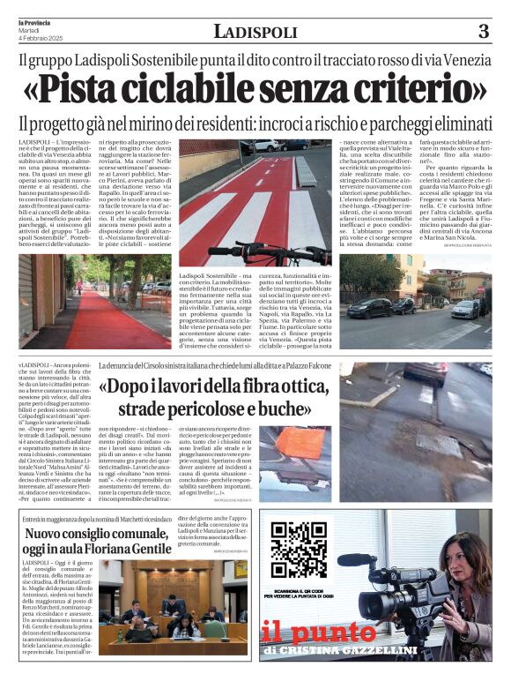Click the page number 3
[x=483, y=32]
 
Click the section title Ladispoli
[x=255, y=33]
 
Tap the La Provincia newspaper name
[x=34, y=21]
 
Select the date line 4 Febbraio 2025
[x=33, y=36]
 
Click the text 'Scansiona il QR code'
[x=296, y=589]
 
